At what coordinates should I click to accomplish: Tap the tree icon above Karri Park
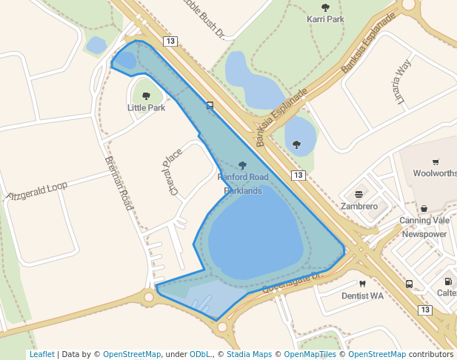[x=325, y=7]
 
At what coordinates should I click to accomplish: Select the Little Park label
[x=146, y=107]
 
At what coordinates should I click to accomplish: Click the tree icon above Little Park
[x=146, y=96]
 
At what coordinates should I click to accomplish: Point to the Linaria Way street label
[x=402, y=82]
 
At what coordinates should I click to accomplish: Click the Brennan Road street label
[x=118, y=183]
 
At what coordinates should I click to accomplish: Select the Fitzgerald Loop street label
[x=37, y=191]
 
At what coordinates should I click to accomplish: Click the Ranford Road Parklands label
[x=243, y=184]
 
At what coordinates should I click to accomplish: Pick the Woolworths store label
[x=435, y=173]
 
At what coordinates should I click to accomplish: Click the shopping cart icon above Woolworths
[x=436, y=162]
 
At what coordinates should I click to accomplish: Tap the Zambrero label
[x=359, y=206]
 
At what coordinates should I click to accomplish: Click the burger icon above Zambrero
[x=359, y=194]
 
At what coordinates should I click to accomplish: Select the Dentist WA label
[x=362, y=296]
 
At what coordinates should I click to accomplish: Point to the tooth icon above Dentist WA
[x=362, y=284]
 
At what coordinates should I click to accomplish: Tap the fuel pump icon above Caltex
[x=448, y=281]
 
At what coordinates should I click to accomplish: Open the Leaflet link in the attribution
[x=41, y=355]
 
